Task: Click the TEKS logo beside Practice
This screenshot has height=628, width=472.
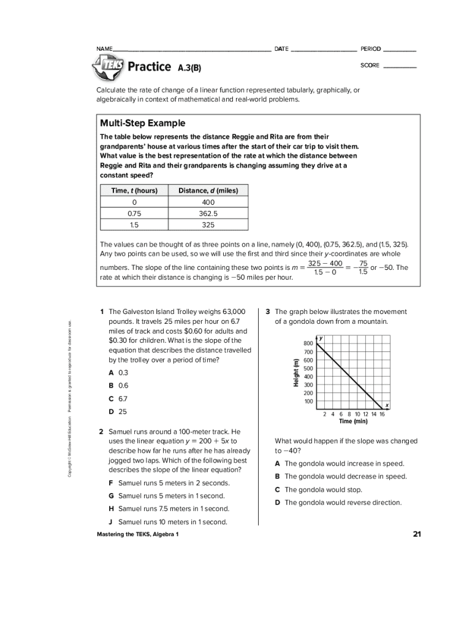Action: pos(108,66)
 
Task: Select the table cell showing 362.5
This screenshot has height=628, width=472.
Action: pos(208,214)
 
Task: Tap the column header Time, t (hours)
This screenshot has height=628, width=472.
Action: pos(134,191)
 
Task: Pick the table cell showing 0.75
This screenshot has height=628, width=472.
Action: pos(134,214)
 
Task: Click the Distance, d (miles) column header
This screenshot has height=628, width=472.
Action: pos(208,191)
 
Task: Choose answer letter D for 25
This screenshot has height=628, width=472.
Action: pos(111,412)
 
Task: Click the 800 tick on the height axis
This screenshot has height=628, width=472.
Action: pos(308,343)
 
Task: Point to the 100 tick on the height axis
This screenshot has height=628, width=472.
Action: pos(308,402)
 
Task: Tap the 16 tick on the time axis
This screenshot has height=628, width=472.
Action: pos(382,414)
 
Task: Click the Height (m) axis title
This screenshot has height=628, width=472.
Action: pos(296,372)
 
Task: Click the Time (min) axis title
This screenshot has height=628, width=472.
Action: pos(353,421)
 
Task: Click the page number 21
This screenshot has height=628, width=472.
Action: pos(417,534)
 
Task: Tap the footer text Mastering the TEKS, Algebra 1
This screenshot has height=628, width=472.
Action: pos(138,535)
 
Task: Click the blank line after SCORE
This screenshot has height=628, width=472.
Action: pos(400,66)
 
